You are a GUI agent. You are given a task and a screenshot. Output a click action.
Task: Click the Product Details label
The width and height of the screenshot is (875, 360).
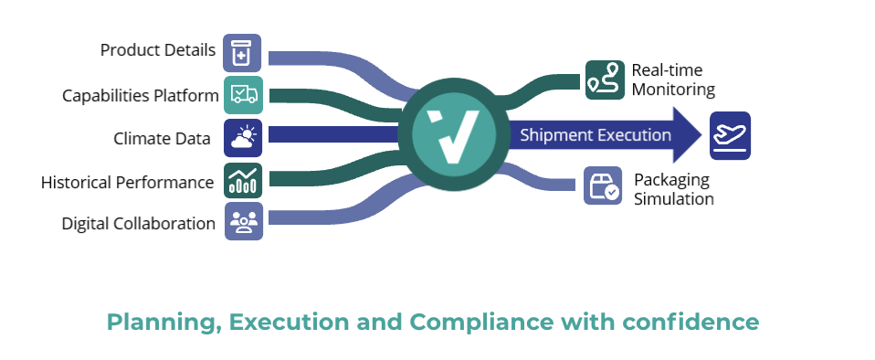tap(158, 50)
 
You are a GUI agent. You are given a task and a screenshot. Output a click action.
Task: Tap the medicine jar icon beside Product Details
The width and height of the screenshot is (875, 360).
tap(242, 53)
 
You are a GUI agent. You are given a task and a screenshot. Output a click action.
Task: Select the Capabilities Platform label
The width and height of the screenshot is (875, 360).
tap(141, 95)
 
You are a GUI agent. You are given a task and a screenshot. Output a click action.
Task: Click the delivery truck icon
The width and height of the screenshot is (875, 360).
tap(243, 95)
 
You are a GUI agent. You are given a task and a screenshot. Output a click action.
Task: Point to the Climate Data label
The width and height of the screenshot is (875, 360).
tap(163, 139)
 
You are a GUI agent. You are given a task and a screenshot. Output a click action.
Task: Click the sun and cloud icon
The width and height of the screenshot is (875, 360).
tap(243, 138)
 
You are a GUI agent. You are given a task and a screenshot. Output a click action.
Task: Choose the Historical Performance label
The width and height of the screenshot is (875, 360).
tap(127, 182)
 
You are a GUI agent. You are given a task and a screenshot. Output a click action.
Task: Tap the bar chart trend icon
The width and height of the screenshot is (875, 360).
tap(243, 181)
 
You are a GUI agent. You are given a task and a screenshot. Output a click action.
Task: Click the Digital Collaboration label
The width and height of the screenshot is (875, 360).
tap(139, 223)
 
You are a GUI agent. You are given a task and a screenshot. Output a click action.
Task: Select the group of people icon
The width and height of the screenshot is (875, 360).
tap(243, 222)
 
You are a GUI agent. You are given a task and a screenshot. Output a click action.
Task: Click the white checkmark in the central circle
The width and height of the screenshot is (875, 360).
tap(453, 135)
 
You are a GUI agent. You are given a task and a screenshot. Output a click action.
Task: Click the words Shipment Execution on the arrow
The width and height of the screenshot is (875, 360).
tap(596, 135)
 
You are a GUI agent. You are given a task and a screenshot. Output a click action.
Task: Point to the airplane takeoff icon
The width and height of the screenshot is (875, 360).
tap(730, 135)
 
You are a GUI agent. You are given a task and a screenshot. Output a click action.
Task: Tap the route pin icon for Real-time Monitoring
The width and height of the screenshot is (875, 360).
tap(604, 80)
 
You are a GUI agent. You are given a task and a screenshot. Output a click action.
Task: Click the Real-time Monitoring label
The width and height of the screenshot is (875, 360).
tap(673, 80)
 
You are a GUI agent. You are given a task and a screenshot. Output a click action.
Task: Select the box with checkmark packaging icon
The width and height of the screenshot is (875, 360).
tap(603, 185)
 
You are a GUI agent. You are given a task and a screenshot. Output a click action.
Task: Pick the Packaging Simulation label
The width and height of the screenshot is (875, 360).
tap(673, 189)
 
